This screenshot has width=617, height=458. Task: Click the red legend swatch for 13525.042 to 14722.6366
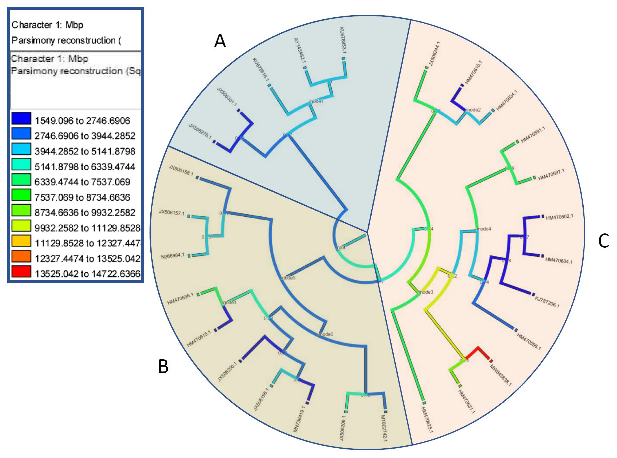(x=21, y=271)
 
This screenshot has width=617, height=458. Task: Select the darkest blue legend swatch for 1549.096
(x=21, y=118)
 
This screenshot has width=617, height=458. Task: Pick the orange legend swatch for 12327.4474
(x=21, y=256)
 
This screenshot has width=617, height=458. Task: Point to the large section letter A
(x=220, y=41)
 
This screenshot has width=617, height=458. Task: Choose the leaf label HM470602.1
(x=559, y=217)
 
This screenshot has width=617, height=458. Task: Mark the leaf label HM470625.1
(x=427, y=420)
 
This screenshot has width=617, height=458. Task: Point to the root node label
(x=341, y=248)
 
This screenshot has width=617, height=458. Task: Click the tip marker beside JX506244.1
(x=427, y=68)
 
